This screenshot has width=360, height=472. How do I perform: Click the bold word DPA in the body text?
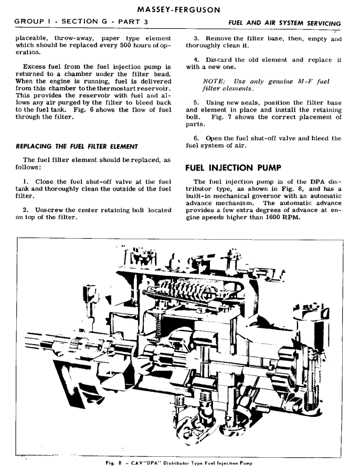(x=319, y=181)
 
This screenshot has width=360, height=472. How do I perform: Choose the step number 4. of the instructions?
(x=197, y=60)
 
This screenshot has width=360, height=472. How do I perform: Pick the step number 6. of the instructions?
(x=197, y=138)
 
